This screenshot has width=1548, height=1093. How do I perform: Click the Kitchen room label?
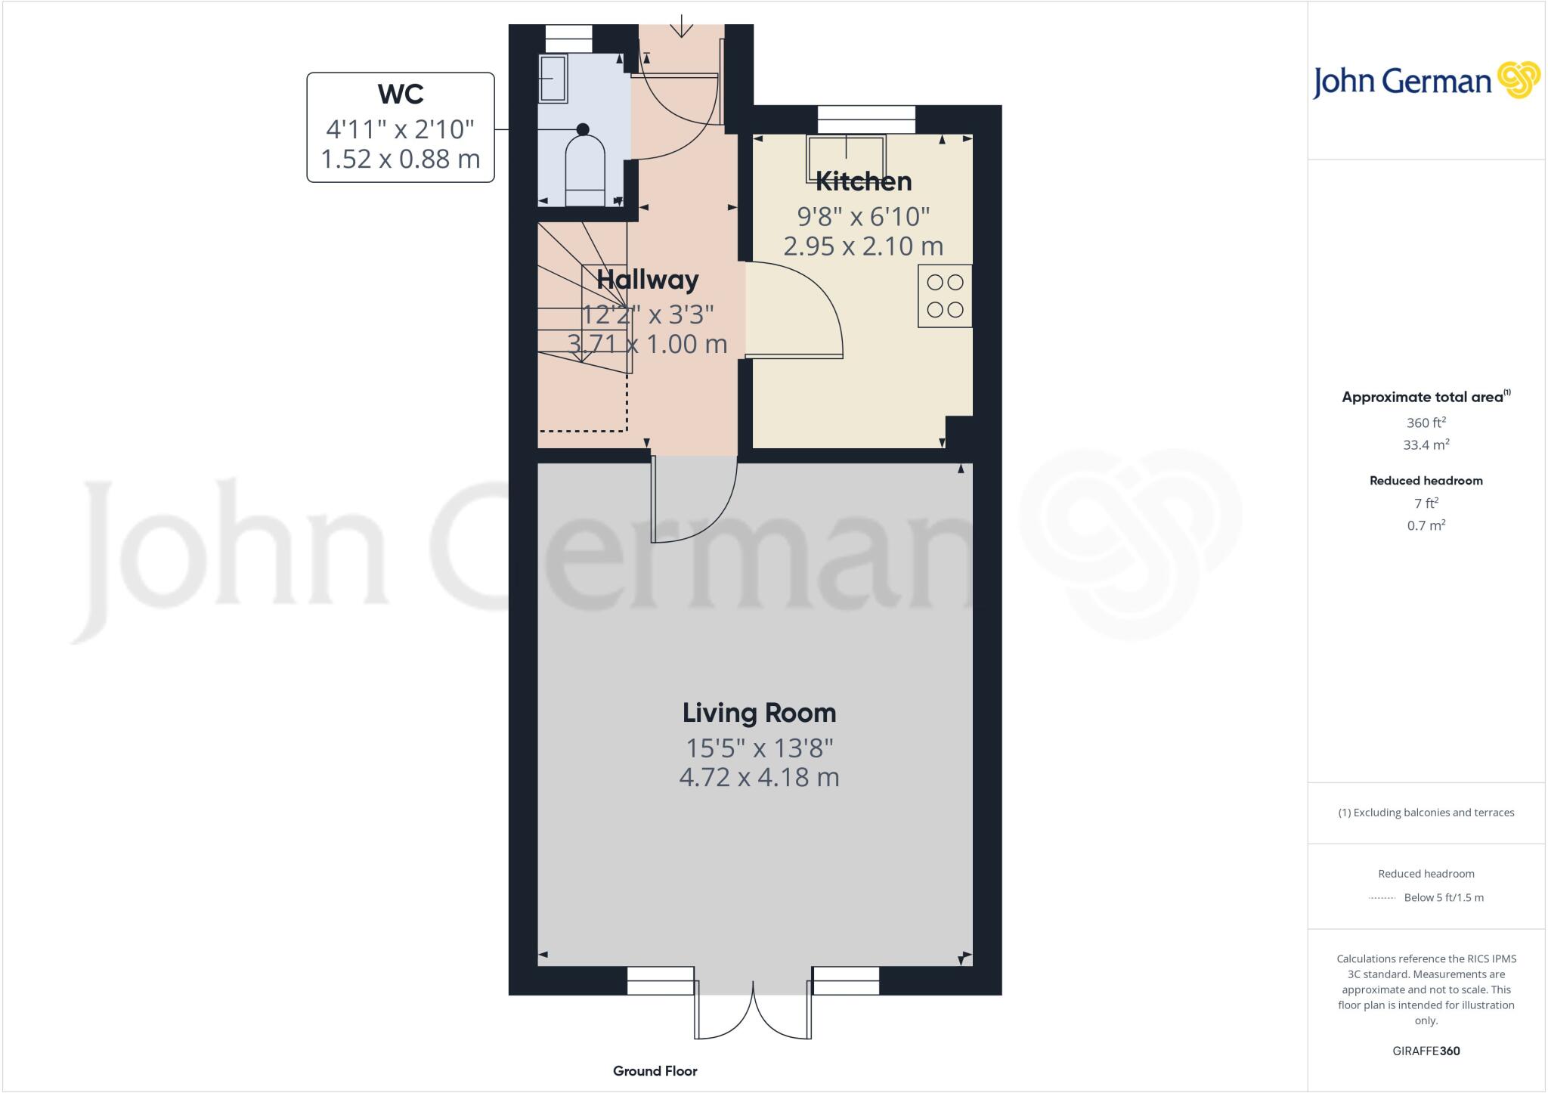pyautogui.click(x=863, y=181)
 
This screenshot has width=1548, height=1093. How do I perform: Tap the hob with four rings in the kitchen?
pyautogui.click(x=945, y=296)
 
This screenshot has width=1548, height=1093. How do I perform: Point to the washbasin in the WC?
pyautogui.click(x=553, y=79)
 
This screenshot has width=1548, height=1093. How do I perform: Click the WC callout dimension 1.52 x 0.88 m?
pyautogui.click(x=400, y=159)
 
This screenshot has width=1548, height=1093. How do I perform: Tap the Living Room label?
pyautogui.click(x=759, y=713)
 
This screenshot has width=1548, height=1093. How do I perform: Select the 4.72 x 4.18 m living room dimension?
pyautogui.click(x=759, y=777)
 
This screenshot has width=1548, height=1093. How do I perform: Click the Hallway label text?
pyautogui.click(x=647, y=280)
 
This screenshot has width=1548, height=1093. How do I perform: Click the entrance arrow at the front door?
pyautogui.click(x=682, y=26)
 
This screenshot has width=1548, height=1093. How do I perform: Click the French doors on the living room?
pyautogui.click(x=754, y=1013)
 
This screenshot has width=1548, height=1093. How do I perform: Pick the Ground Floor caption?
pyautogui.click(x=655, y=1071)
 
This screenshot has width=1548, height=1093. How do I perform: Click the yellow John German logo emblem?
pyautogui.click(x=1518, y=79)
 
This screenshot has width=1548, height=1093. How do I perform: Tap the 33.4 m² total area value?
pyautogui.click(x=1426, y=445)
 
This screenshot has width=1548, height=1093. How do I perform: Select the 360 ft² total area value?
pyautogui.click(x=1426, y=423)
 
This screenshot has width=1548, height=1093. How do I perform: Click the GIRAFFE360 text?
pyautogui.click(x=1426, y=1051)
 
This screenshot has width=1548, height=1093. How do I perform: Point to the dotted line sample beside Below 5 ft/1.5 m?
pyautogui.click(x=1382, y=898)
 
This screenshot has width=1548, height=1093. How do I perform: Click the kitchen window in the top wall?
pyautogui.click(x=866, y=119)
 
